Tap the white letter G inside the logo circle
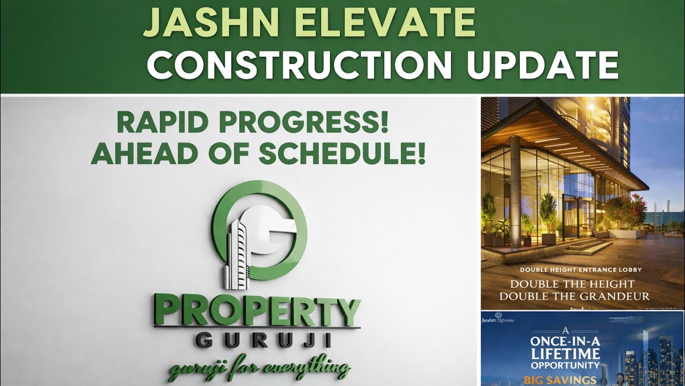tap(273, 236)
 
